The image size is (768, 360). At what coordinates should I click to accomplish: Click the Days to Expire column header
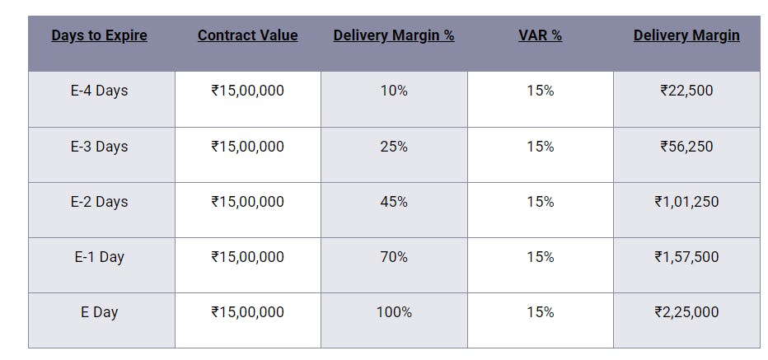99,35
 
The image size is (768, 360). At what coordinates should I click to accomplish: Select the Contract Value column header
247,35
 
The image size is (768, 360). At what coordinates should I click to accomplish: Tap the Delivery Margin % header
394,35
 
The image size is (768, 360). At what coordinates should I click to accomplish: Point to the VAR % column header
541,35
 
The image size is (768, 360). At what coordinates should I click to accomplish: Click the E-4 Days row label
99,91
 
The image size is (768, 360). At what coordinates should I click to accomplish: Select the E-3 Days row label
99,147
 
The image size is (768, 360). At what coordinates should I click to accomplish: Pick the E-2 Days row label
99,202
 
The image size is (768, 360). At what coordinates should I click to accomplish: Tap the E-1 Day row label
99,257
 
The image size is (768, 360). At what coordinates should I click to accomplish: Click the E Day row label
99,312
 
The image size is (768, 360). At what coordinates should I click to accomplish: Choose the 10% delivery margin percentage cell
394,91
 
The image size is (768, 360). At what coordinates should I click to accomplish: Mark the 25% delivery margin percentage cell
394,147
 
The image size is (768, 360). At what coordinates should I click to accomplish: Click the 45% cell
394,202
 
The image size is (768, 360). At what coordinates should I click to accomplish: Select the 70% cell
394,257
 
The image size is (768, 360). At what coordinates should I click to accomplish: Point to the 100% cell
394,312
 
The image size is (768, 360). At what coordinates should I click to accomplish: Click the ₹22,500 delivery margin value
686,91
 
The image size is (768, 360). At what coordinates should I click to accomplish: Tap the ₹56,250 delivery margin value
686,147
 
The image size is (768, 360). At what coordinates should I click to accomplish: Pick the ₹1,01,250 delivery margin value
686,202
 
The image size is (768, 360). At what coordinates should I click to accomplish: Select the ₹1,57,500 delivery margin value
686,257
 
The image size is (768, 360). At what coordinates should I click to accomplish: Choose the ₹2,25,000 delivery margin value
686,312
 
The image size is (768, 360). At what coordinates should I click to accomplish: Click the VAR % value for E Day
541,312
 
